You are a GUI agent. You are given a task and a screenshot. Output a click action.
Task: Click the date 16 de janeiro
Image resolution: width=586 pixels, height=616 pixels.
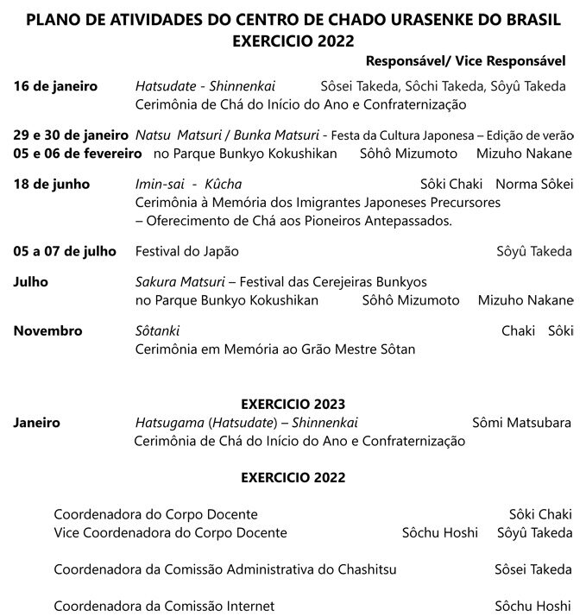(55, 86)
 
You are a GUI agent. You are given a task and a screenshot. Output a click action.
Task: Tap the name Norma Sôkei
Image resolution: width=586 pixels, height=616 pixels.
(534, 185)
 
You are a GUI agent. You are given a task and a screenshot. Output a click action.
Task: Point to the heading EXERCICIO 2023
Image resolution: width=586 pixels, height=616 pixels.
(293, 404)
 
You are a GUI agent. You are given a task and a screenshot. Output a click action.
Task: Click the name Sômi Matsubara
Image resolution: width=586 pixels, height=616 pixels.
(522, 423)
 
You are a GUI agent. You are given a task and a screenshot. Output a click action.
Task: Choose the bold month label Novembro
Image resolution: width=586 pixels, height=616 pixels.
(48, 331)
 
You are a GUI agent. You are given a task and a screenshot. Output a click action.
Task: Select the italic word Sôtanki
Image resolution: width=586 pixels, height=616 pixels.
(158, 331)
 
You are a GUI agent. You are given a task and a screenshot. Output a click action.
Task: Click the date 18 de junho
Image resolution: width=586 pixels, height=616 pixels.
(52, 185)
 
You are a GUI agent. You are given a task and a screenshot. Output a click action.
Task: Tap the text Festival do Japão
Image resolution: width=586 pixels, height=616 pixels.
(187, 251)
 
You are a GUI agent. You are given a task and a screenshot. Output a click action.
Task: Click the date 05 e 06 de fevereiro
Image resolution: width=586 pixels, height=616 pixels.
(78, 154)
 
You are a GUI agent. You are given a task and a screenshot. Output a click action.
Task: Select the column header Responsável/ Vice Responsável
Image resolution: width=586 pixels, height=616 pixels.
(466, 61)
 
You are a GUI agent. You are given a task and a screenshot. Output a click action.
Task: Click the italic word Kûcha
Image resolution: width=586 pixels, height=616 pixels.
(224, 185)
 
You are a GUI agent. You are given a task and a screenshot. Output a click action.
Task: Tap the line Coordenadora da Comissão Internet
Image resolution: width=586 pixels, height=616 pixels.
(164, 606)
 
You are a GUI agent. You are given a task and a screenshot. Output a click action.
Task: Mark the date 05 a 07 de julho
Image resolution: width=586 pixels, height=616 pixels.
(65, 251)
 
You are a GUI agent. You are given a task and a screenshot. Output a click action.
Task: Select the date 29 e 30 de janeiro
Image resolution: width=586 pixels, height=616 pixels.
(72, 136)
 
